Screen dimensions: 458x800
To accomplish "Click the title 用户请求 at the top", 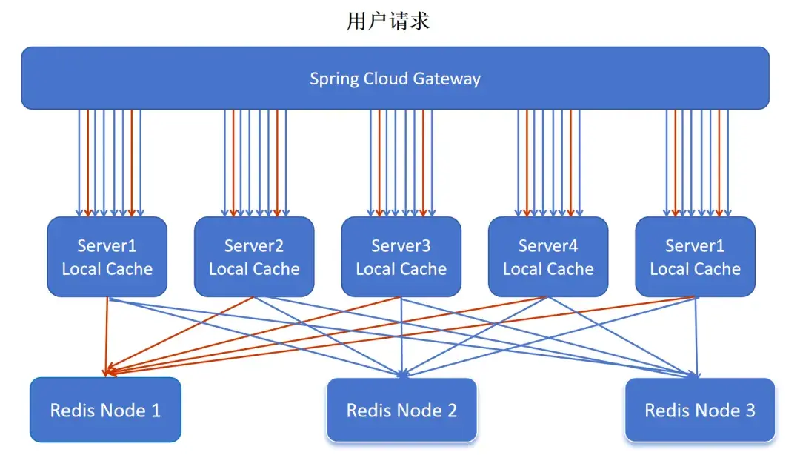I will coord(388,21).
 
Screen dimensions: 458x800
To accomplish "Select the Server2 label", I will coord(254,245).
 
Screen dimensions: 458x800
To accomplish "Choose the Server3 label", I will coord(401,245).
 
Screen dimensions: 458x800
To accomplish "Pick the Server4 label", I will coord(548,245).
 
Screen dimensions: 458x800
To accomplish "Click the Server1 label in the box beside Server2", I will coord(107,245).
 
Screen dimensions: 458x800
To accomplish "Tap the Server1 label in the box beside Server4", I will coord(695,245).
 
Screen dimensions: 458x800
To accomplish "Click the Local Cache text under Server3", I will coord(401,269).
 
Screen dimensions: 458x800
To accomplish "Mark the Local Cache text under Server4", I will coord(548,269).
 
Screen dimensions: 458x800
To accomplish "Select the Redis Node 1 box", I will coord(105,410).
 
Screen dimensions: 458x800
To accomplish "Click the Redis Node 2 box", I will coord(401,410).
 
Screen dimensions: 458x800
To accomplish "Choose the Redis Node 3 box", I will coord(699,410).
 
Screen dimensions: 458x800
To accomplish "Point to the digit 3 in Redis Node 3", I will coord(750,410).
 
